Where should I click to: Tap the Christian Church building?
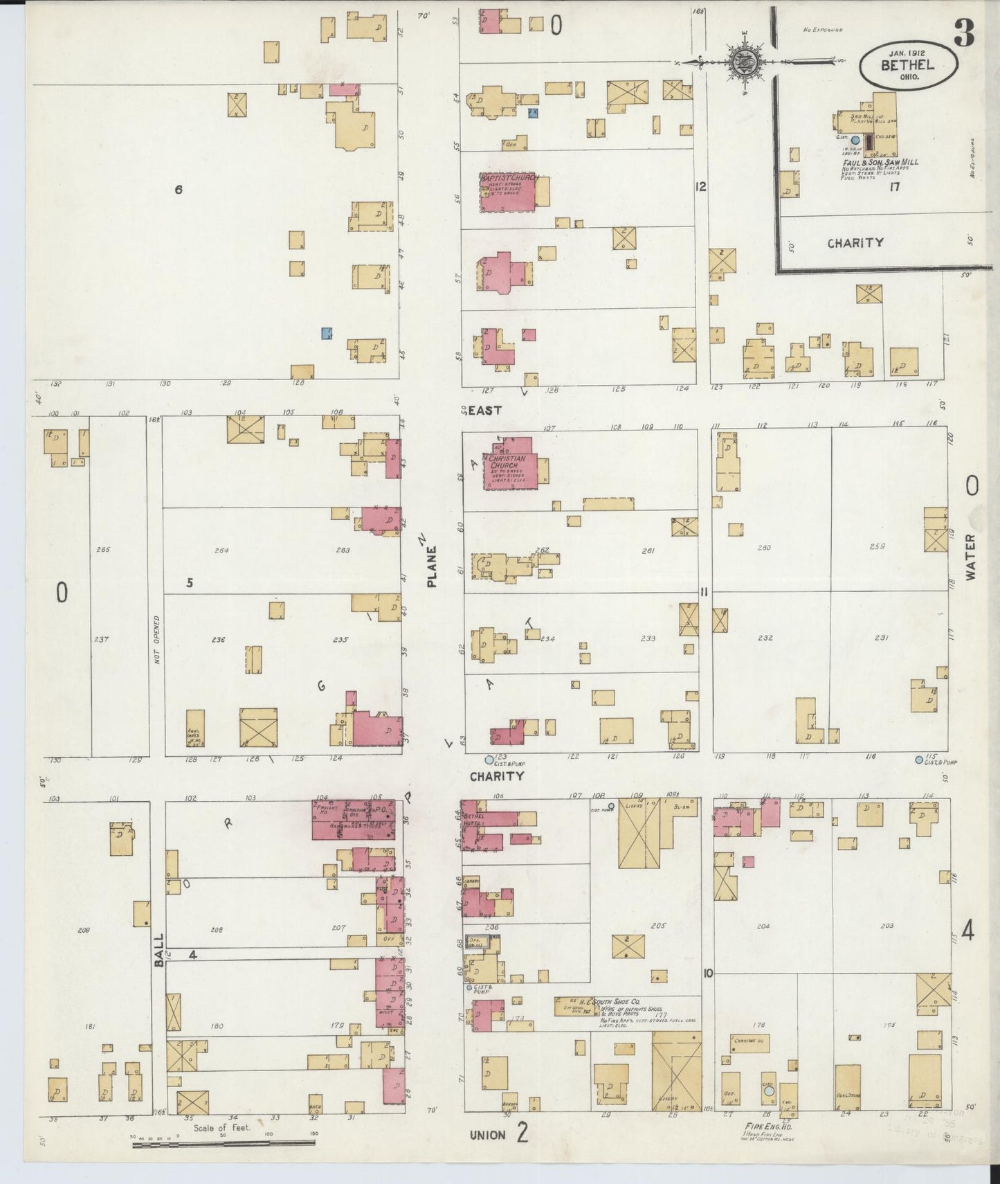509,463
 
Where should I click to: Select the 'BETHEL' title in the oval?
907,66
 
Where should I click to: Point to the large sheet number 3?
963,33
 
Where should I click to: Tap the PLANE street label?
433,566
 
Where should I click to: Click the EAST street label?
484,411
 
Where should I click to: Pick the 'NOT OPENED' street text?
157,640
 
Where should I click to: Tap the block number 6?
179,189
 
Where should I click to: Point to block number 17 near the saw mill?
894,186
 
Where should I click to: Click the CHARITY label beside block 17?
855,242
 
